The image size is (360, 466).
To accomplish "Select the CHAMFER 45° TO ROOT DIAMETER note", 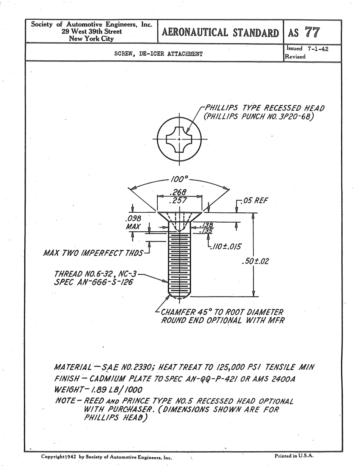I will click(x=222, y=312).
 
